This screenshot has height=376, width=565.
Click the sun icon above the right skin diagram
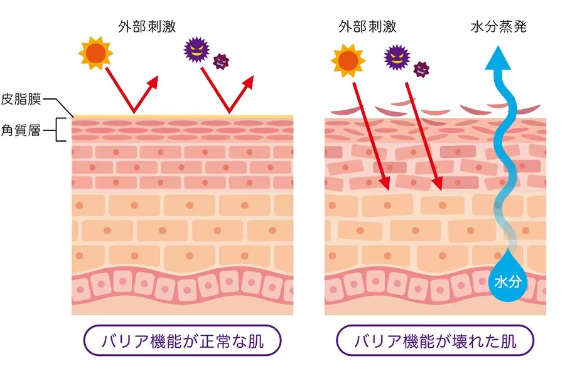coord(347,60)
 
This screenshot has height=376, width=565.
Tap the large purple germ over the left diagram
coord(196,51)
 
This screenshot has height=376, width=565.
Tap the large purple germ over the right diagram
coord(397,58)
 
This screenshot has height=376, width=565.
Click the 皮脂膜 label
coord(21,99)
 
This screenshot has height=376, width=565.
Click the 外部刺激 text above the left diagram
coord(147,26)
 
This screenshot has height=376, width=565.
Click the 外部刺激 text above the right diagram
coord(367,26)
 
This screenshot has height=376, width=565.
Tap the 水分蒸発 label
coord(498,26)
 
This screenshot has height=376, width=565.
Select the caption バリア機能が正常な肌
coord(182,342)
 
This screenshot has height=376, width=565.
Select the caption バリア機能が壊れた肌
coord(435,342)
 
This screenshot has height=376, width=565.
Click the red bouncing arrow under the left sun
coord(132,94)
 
